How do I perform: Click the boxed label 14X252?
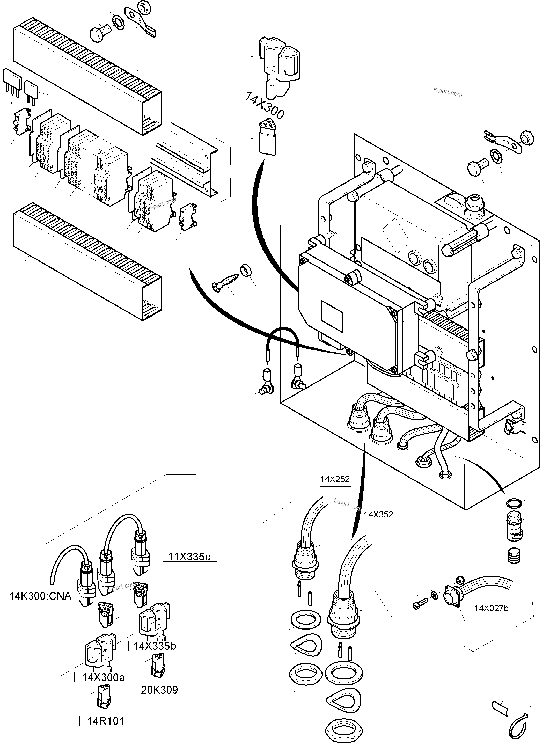point(335,479)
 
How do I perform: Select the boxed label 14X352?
point(379,515)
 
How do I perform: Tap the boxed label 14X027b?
point(492,609)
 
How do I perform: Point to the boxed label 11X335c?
point(189,557)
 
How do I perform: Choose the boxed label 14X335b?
point(155,646)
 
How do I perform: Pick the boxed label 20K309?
point(160,690)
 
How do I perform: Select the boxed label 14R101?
point(106,721)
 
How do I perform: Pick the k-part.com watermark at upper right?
point(448,92)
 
